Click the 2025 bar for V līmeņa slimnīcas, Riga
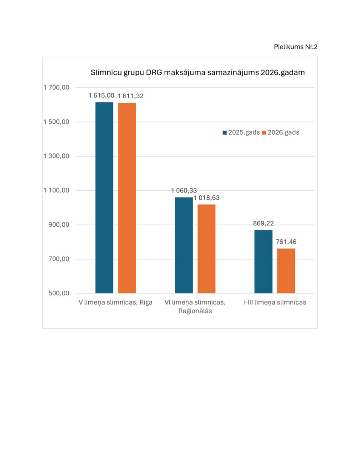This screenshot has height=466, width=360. (104, 198)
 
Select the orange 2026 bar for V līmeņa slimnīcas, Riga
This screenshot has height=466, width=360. (127, 198)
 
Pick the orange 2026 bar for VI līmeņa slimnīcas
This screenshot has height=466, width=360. (206, 248)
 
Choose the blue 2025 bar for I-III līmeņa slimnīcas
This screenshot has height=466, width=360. (263, 261)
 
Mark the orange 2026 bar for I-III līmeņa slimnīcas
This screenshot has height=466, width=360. (286, 271)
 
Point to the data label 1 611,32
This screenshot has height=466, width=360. (130, 96)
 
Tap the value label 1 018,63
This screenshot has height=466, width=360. (210, 198)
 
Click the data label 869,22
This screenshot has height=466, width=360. (264, 223)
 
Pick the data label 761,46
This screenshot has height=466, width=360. (286, 242)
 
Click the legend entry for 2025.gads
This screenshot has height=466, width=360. (241, 132)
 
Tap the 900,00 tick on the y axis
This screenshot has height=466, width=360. (59, 225)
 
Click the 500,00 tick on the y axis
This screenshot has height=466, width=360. (59, 294)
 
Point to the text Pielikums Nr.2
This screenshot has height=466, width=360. (295, 47)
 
